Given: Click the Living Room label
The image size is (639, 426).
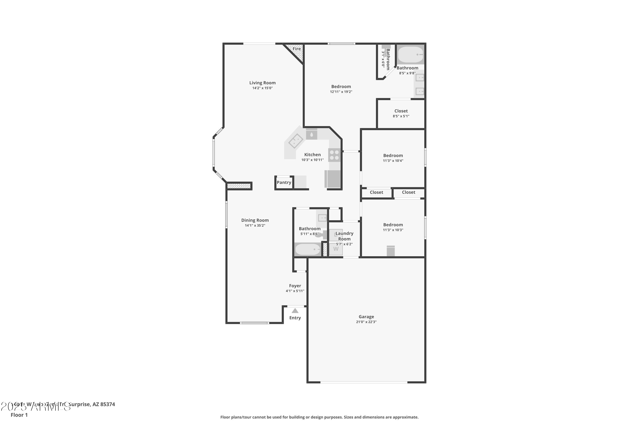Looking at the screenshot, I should coord(262,83).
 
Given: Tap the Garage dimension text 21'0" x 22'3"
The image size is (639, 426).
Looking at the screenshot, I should coord(366,322).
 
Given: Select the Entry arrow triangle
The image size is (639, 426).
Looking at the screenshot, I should coord(295,311).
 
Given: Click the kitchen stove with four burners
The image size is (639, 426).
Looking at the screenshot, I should coord(334,155).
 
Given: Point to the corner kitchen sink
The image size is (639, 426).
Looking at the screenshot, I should coord(296,141).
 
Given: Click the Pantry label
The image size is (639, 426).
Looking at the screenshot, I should coord(284,183).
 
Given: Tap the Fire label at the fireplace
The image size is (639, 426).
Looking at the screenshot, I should coord(296,49).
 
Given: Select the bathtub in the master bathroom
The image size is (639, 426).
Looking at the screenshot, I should coord(410,55).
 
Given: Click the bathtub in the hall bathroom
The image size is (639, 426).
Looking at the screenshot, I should coord(308,249).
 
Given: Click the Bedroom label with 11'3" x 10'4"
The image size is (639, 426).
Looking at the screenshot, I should coord(393,156).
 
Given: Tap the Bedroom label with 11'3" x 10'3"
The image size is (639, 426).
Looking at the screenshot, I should coord(393,225).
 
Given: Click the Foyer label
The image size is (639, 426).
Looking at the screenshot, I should coord(295,286).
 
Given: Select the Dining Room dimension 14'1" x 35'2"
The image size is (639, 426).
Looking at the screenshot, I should coord(255,226).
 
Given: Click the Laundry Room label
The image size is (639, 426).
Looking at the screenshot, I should coord(344,236).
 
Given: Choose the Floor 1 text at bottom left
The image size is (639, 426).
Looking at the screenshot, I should coord(19,415).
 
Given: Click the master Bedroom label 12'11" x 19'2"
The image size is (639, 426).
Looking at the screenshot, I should coord(341,87).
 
